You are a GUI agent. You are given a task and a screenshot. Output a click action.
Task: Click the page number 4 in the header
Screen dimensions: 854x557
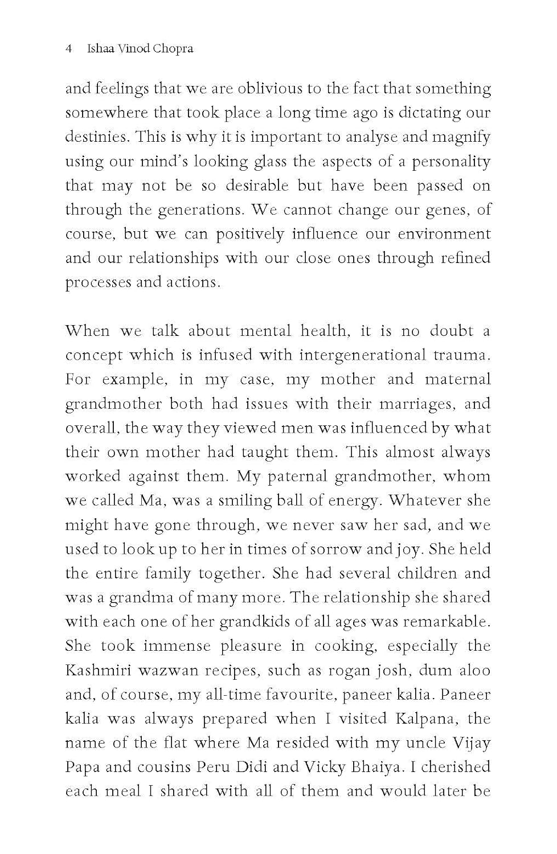[69, 49]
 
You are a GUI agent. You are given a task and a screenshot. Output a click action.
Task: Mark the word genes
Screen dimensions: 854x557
[448, 210]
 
